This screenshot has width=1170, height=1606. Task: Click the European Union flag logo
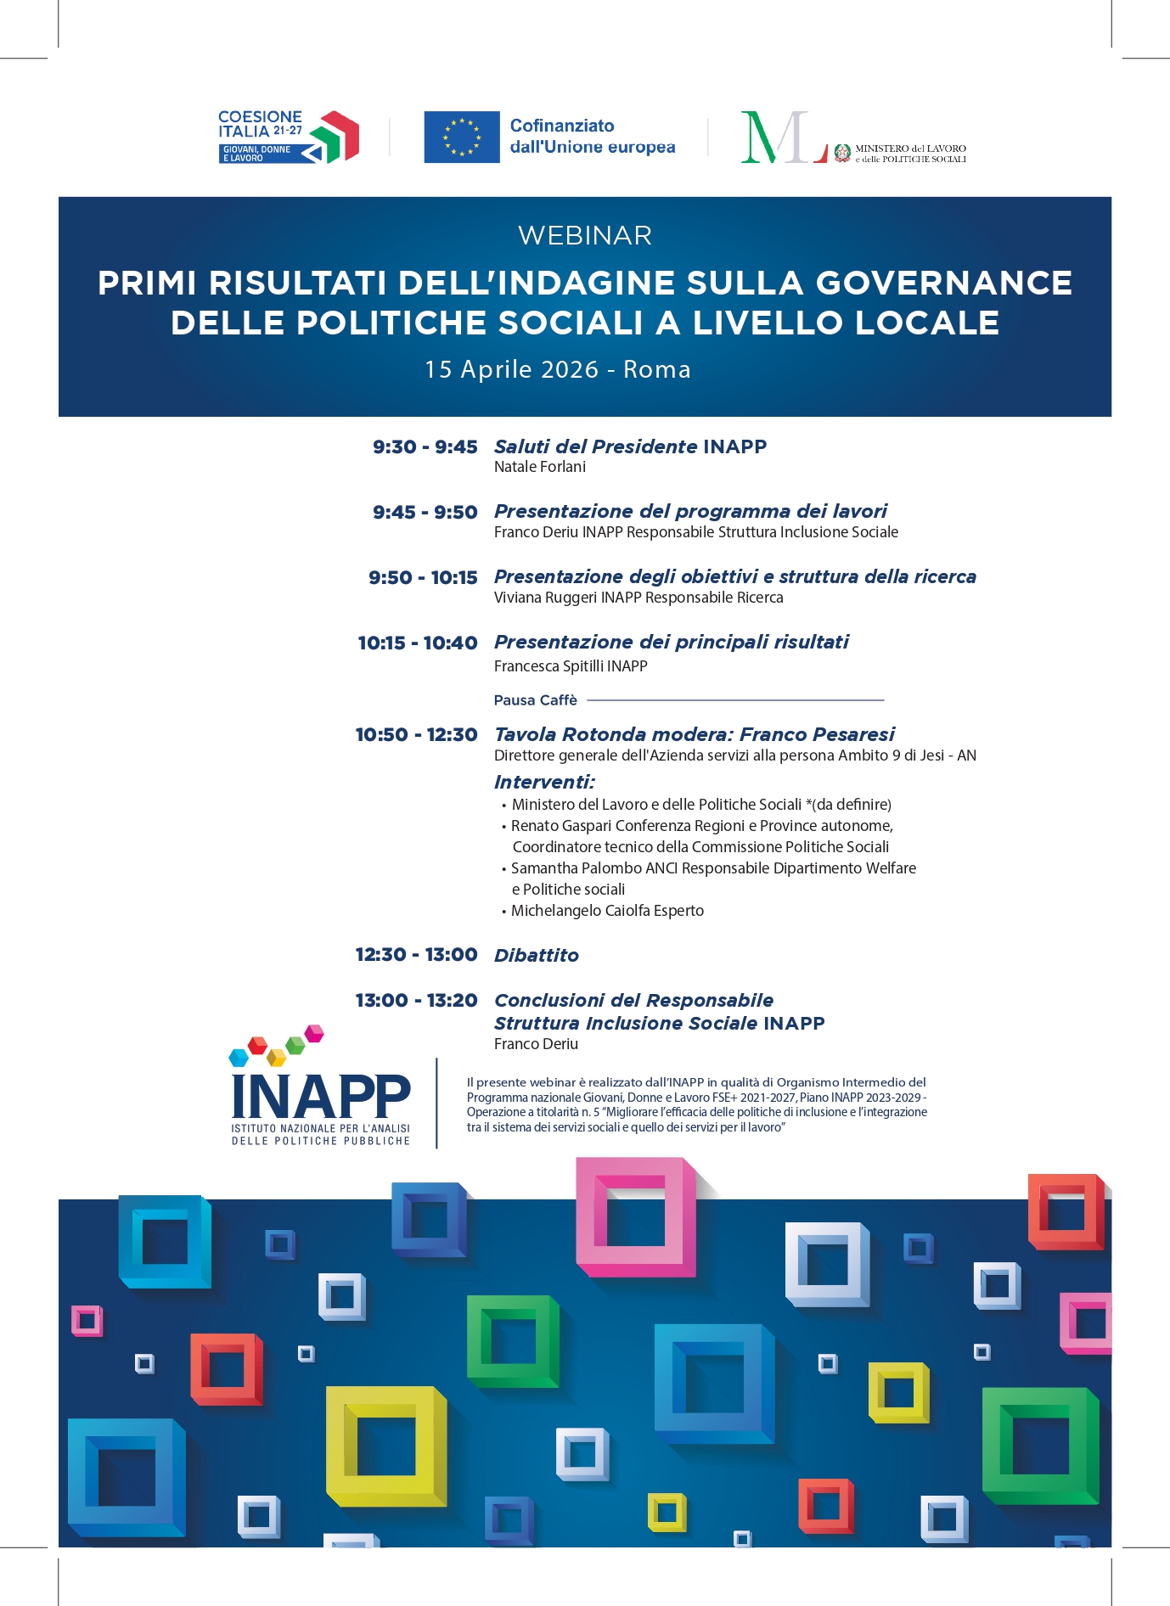point(461,137)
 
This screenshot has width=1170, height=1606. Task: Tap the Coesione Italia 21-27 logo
point(288,137)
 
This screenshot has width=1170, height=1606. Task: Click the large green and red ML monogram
point(781,137)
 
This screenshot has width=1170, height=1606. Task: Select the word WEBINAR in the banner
point(585,235)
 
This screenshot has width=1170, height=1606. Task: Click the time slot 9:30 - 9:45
point(425,447)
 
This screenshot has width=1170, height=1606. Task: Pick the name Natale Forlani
point(540,467)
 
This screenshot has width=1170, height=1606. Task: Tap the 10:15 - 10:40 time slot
point(418,643)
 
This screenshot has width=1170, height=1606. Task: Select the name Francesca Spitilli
point(548,666)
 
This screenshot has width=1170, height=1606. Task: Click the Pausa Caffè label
point(536,700)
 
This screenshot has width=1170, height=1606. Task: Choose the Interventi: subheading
point(544,782)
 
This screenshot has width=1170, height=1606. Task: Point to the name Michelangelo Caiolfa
point(576,911)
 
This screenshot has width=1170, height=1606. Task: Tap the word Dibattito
point(537,956)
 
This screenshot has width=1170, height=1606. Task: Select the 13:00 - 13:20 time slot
point(416,1001)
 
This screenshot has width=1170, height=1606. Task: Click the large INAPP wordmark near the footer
point(321,1096)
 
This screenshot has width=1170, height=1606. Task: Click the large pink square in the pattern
point(636,1216)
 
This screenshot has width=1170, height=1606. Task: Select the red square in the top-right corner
point(1066,1211)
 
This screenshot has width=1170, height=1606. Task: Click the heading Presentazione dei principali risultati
point(671,643)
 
